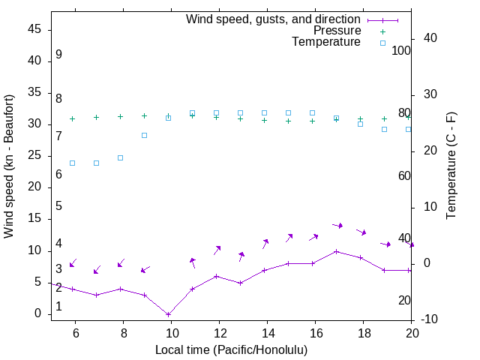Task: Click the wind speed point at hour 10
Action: click(168, 314)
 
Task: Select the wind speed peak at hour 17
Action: click(337, 251)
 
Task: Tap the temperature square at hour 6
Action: click(72, 163)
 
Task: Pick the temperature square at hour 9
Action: click(144, 135)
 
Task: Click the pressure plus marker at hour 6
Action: click(72, 118)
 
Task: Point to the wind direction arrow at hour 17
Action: click(337, 225)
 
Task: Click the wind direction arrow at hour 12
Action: click(217, 249)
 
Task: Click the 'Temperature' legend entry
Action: click(326, 43)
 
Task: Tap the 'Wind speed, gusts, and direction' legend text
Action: click(273, 19)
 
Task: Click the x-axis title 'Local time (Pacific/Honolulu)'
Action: click(231, 350)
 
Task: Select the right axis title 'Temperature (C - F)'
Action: click(451, 166)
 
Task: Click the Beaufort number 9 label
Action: click(58, 55)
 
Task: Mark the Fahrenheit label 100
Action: click(401, 50)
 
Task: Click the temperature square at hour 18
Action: click(360, 124)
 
